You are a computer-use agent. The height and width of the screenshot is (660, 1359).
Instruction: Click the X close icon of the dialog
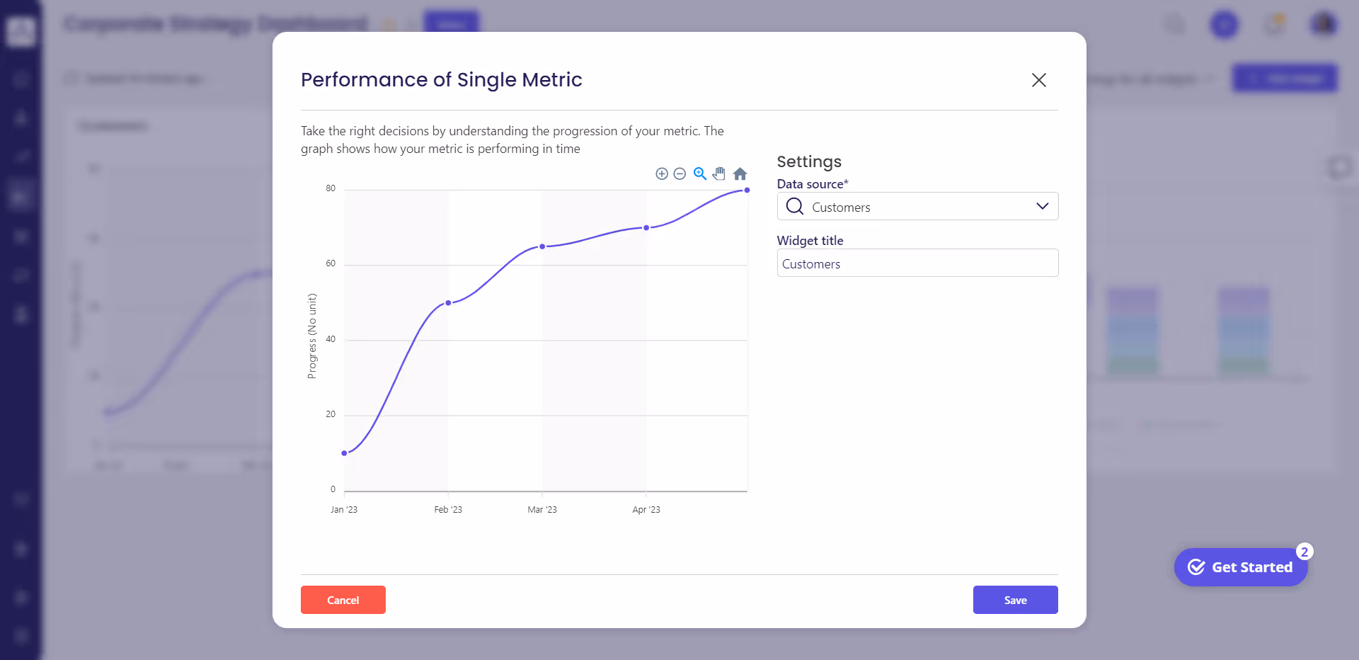[x=1038, y=80]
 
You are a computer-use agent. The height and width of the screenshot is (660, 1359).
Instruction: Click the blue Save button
[x=1015, y=600]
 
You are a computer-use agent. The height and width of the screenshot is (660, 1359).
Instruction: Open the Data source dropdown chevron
[x=1042, y=206]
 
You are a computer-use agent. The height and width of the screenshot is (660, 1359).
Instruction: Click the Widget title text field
[x=917, y=263]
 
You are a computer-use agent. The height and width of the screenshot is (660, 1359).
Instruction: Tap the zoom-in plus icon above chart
[x=662, y=173]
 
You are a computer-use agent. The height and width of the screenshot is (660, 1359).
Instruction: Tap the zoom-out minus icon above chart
[x=679, y=173]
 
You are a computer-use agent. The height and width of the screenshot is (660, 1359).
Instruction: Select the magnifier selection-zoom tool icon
[x=700, y=173]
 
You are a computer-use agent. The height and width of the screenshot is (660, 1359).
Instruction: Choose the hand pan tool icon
[x=719, y=173]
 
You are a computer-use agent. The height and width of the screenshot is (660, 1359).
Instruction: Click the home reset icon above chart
[x=740, y=173]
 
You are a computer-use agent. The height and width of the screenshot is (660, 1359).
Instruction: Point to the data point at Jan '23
[x=345, y=453]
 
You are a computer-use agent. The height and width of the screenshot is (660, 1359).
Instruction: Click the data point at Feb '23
[x=448, y=303]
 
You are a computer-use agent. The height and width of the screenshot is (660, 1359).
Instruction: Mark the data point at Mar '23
[x=542, y=246]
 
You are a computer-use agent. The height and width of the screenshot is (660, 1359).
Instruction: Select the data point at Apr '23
[x=646, y=228]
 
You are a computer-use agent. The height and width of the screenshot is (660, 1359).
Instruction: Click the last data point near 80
[x=747, y=190]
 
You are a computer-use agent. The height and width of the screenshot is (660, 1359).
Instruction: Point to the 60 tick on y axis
[x=331, y=263]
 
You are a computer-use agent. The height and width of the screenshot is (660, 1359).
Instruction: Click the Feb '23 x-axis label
[x=448, y=510]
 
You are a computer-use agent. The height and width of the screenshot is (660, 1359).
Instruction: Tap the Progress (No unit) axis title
[x=312, y=336]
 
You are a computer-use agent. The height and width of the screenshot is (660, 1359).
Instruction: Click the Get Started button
[x=1241, y=567]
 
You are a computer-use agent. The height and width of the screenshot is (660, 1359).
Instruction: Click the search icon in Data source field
[x=795, y=206]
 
